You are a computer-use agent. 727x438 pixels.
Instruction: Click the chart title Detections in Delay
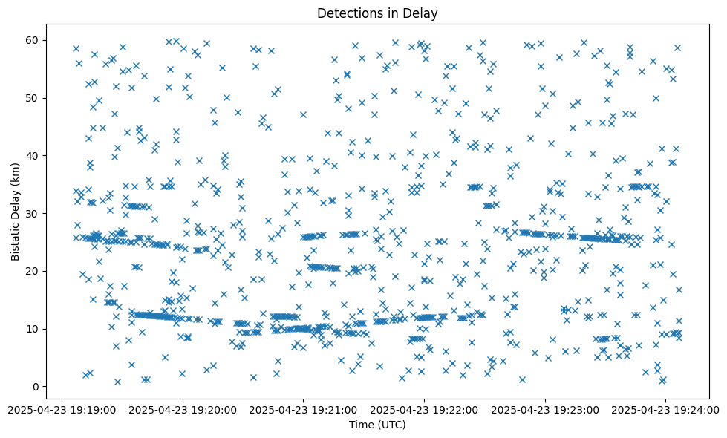[x=378, y=13]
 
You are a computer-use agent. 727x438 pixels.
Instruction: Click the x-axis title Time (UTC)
[x=378, y=425]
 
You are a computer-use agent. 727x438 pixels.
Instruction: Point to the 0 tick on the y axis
[x=36, y=387]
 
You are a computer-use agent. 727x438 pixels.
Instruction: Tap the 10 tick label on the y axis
[x=33, y=329]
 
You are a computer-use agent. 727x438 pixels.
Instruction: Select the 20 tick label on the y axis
[x=33, y=271]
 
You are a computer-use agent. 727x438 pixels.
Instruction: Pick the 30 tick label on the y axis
[x=33, y=213]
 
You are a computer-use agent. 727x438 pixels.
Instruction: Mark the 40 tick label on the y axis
[x=33, y=156]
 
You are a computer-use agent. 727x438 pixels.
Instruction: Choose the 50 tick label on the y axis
[x=33, y=98]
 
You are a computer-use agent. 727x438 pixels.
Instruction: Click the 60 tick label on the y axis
[x=33, y=40]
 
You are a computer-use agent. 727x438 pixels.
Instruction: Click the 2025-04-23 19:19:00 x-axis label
[x=61, y=408]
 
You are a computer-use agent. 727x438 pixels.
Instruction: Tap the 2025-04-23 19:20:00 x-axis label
[x=182, y=408]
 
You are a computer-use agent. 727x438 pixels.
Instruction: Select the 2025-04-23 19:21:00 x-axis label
[x=303, y=408]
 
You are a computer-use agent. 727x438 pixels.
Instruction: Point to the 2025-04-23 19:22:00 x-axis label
[x=424, y=408]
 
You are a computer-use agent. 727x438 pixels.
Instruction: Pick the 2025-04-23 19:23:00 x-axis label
[x=545, y=408]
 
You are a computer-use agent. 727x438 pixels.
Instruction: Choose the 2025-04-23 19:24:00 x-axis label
[x=666, y=408]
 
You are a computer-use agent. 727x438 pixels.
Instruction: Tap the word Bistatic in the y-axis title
[x=16, y=236]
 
